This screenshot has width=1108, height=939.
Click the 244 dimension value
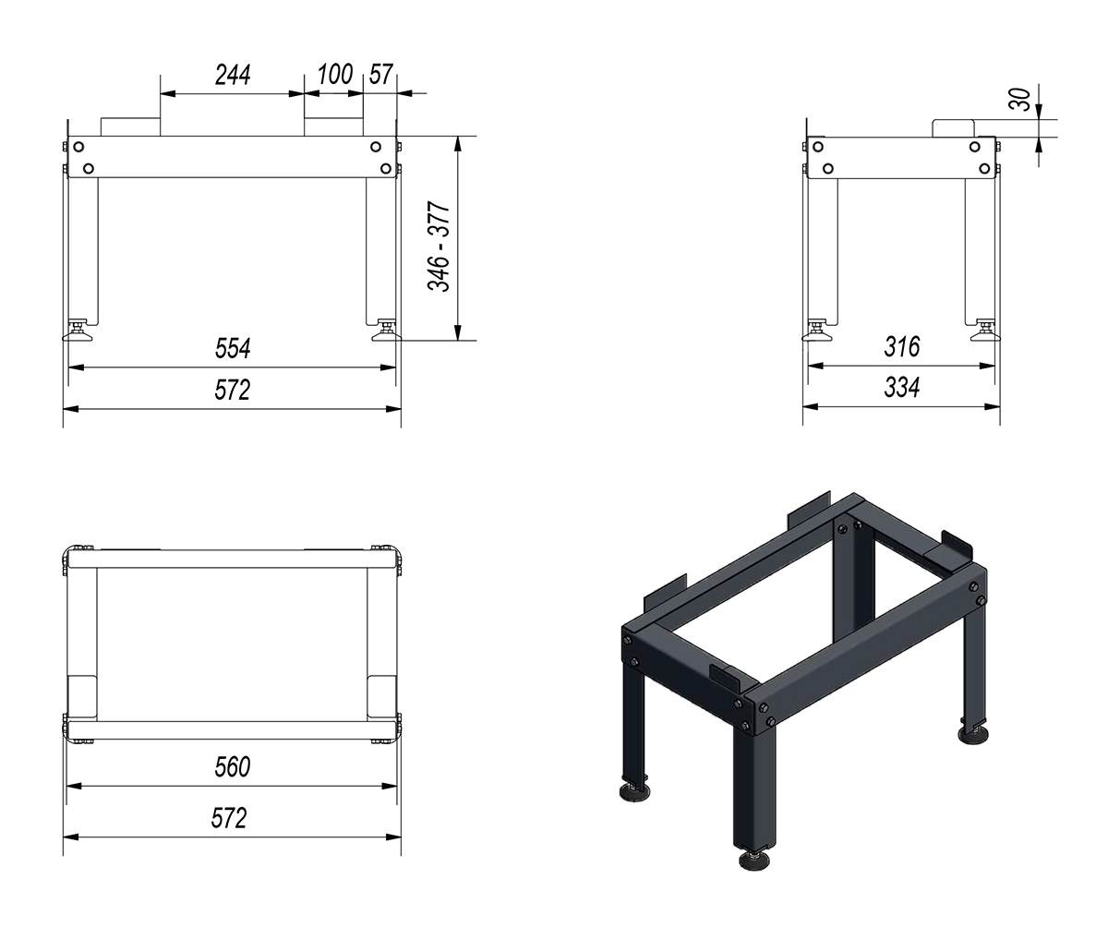point(233,75)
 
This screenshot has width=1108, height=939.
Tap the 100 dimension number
point(335,75)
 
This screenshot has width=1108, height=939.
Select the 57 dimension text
point(381,75)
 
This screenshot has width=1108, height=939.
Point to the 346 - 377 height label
point(439,247)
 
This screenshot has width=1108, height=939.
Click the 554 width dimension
point(233,349)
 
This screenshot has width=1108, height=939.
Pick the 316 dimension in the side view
point(902,347)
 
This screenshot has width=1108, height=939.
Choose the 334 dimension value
point(902,388)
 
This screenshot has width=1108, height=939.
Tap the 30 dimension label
point(1022,100)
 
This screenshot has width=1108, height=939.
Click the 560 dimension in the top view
point(233,767)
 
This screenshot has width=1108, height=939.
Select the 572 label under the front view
point(233,391)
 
